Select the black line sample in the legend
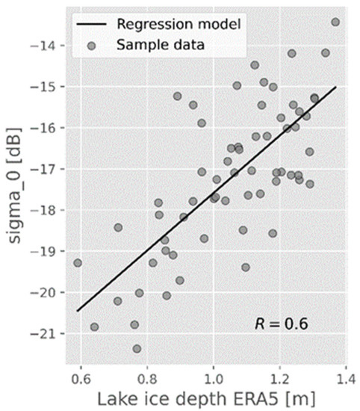click(93, 24)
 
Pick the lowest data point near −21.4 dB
click(137, 348)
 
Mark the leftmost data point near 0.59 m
click(78, 263)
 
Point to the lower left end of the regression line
click(78, 311)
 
